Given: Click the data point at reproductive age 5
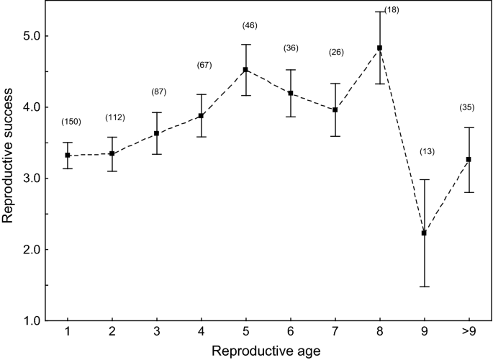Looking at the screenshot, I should (245, 70).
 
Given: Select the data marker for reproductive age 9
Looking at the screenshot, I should (424, 233).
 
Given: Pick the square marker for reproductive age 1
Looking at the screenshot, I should (67, 156).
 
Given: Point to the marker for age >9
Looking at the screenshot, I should (469, 159).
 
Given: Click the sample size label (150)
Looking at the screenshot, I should (71, 122).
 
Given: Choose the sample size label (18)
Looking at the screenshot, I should (391, 10).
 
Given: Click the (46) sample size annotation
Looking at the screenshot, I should (249, 25).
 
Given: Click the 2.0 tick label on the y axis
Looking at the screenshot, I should (34, 250).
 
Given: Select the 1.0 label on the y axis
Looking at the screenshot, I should (34, 321).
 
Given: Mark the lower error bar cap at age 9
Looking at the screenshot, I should (424, 287).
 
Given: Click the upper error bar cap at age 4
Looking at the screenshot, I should (201, 94).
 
